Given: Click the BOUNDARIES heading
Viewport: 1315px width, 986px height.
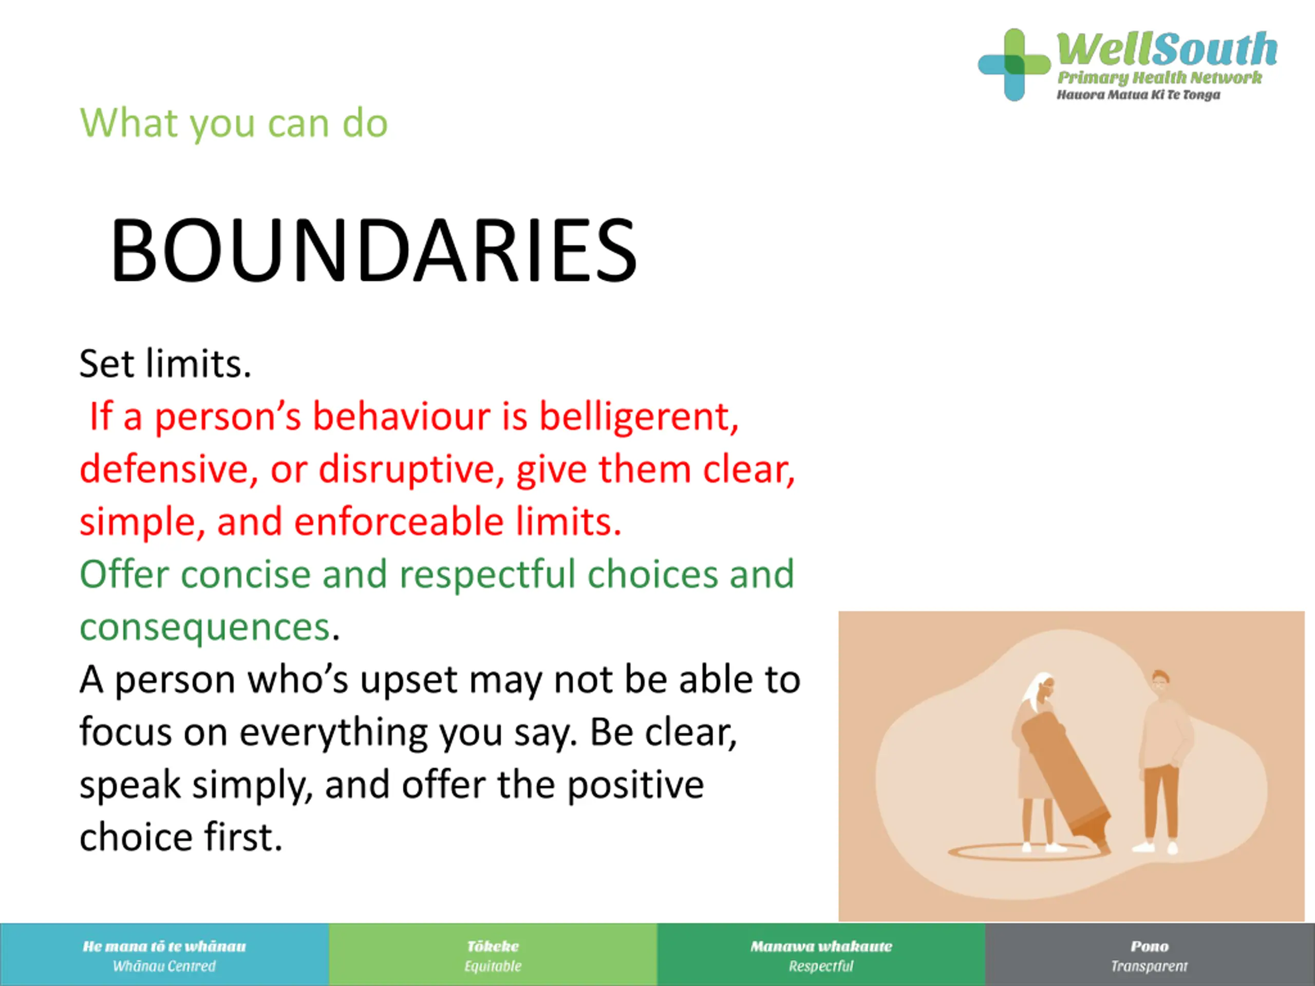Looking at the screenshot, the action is tap(373, 250).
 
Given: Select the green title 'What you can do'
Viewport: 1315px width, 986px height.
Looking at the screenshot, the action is tap(234, 124).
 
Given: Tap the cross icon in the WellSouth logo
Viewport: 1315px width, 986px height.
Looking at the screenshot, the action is tap(1014, 65).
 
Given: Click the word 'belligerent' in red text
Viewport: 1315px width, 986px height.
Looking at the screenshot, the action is tap(638, 417).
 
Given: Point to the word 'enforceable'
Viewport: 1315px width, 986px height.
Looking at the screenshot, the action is tap(399, 522).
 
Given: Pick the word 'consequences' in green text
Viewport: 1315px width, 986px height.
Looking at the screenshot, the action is tap(205, 628).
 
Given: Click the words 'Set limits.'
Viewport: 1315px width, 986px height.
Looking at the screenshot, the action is tap(165, 364).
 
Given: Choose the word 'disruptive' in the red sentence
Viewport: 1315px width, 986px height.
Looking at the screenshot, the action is tap(411, 470).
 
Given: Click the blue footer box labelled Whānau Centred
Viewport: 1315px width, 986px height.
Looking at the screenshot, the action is tap(164, 955).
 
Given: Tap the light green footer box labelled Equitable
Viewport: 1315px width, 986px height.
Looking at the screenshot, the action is tap(493, 955).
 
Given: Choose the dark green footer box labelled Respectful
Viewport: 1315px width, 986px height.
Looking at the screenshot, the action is tap(821, 955).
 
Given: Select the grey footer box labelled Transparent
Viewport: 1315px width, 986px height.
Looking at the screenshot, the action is tap(1150, 955).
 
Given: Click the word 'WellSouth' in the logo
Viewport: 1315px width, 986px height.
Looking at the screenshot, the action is tap(1167, 49).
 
